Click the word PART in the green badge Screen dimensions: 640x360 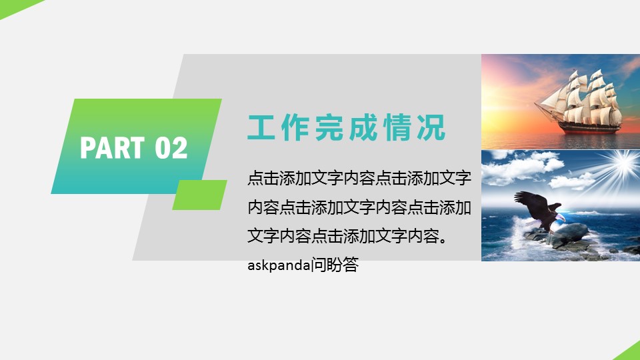(112, 147)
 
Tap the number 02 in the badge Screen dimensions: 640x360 (171, 148)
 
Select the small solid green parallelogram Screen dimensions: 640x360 (199, 195)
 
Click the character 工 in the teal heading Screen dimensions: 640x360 (261, 128)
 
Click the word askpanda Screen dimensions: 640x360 (279, 265)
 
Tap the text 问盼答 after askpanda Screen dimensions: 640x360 (335, 265)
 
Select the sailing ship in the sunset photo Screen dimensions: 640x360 (579, 102)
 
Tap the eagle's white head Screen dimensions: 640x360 (560, 217)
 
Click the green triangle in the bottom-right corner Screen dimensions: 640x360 (631, 353)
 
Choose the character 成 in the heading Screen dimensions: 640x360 (363, 128)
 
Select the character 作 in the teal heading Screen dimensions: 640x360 (295, 128)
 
